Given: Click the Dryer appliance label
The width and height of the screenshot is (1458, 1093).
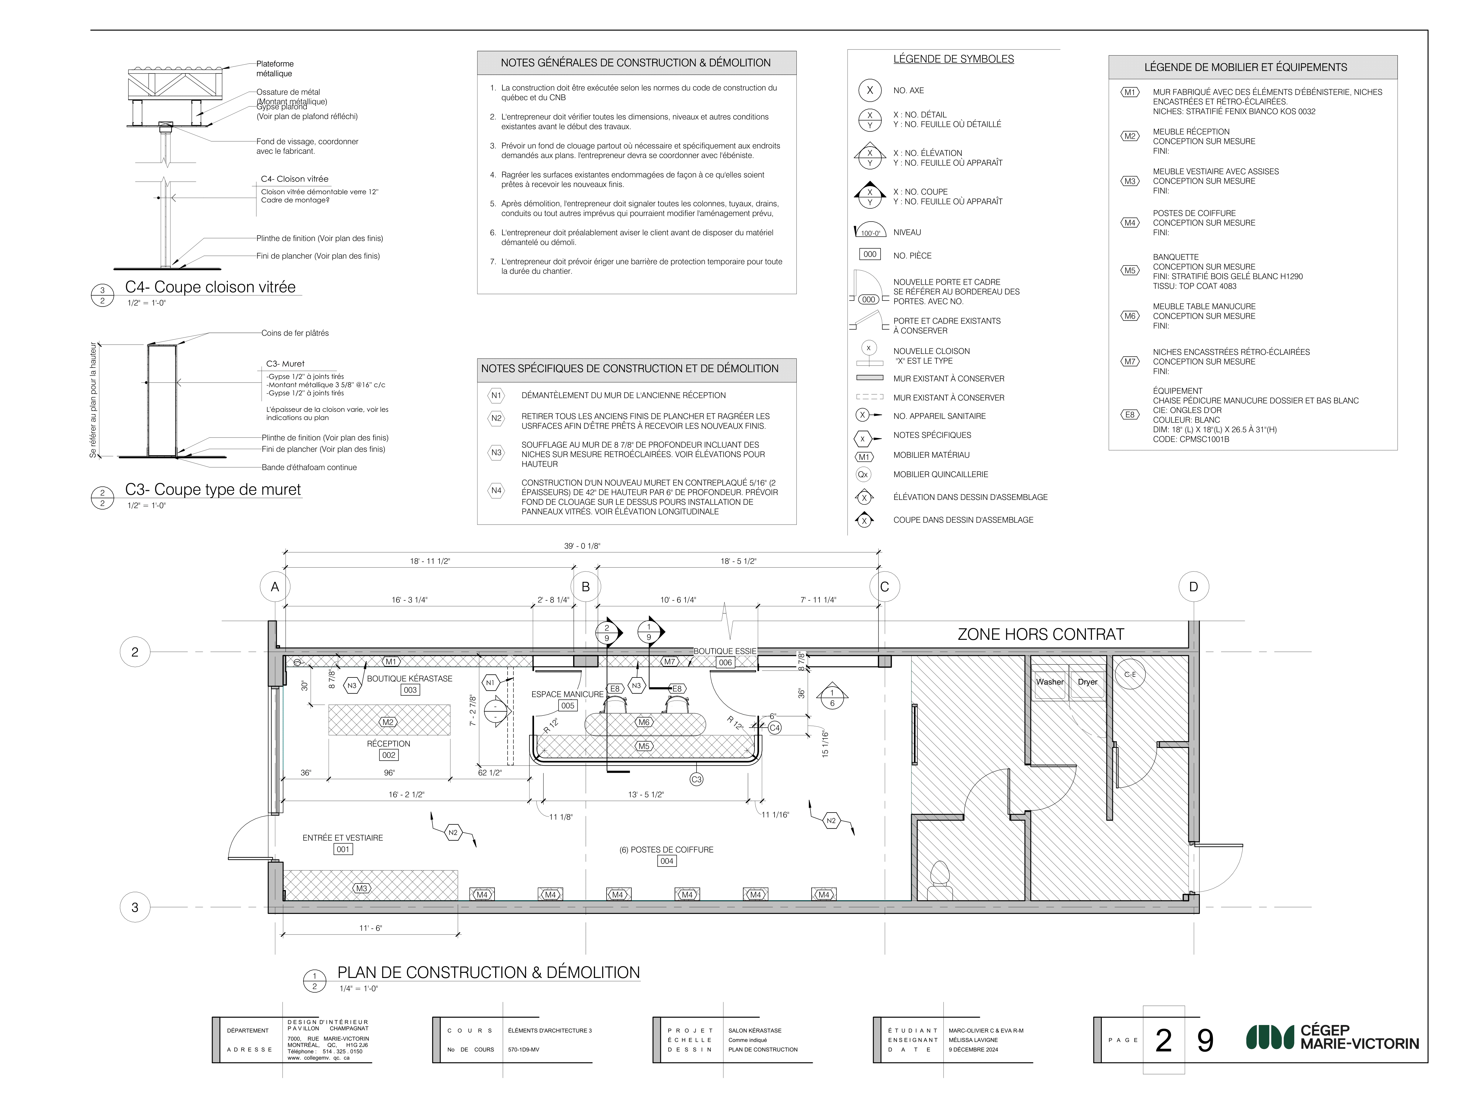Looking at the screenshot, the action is pos(1087,682).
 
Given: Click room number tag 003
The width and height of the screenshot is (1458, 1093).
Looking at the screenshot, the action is pos(410,690).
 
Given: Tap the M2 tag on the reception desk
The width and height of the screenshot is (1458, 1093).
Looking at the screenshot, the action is pos(388,722).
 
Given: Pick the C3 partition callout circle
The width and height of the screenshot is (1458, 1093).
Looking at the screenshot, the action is pos(697,779).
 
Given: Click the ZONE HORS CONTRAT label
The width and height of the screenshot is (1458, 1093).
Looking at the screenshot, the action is pos(1041,634).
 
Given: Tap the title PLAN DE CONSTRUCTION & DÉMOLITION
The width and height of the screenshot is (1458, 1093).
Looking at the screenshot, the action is pos(488,972).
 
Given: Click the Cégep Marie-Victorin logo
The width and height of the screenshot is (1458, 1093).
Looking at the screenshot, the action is pos(1331,1037).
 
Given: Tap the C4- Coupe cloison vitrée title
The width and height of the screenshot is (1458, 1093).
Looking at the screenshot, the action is pos(210,287).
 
